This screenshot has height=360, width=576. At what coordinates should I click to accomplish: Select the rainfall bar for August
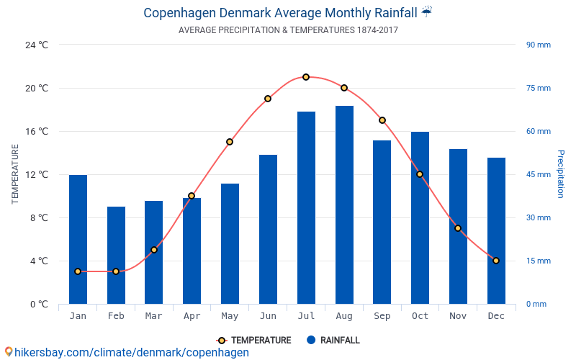coord(344,205)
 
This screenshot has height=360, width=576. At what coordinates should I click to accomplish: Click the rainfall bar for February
coord(116,256)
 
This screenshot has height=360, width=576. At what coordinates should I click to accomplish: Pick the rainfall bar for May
coord(230,244)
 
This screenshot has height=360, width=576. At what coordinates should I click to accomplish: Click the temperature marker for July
coord(306,77)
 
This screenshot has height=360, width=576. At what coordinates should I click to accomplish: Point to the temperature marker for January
coord(78,271)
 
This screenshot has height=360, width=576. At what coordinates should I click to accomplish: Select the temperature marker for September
coord(382,120)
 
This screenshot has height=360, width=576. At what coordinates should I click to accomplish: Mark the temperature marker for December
coord(496,261)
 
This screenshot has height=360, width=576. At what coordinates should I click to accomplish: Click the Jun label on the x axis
coord(268,316)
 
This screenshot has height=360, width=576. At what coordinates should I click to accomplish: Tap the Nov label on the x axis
coord(458,316)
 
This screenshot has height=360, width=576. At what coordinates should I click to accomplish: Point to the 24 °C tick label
coord(37,45)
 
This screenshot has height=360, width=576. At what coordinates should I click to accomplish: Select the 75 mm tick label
coord(538,89)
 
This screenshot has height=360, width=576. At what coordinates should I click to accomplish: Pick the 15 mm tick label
coord(538,261)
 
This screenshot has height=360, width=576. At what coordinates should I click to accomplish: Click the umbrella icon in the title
coord(427,12)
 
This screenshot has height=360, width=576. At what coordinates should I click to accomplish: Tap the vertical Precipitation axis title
coord(561,174)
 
